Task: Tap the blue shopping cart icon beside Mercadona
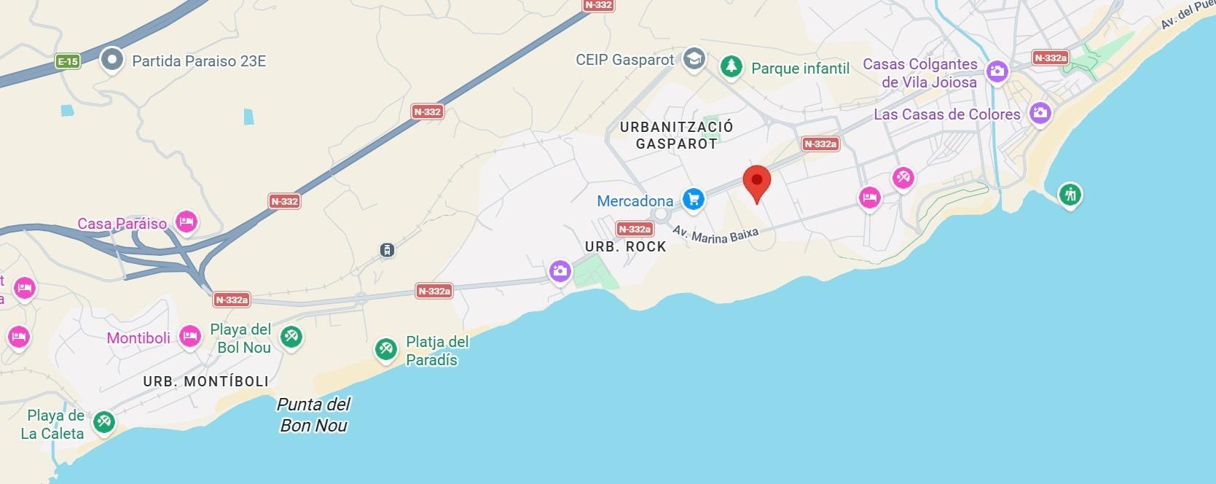(693, 198)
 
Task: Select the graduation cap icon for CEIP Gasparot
(694, 59)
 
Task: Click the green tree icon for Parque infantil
(731, 67)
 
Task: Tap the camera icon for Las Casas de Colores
(1040, 113)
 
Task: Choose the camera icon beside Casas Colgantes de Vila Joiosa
(996, 71)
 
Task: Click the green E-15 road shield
(68, 62)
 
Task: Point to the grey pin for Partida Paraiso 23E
(111, 60)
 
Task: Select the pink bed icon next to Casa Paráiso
(187, 222)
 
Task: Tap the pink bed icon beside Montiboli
(189, 336)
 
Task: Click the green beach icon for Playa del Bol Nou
(291, 336)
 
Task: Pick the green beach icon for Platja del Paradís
(385, 349)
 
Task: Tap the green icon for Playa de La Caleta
(104, 422)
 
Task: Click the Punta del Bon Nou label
(314, 415)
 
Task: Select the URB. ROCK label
(625, 247)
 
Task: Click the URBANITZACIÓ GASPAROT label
(676, 136)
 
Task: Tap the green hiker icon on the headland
(1070, 194)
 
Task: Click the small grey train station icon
(387, 251)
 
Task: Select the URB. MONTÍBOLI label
(205, 381)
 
